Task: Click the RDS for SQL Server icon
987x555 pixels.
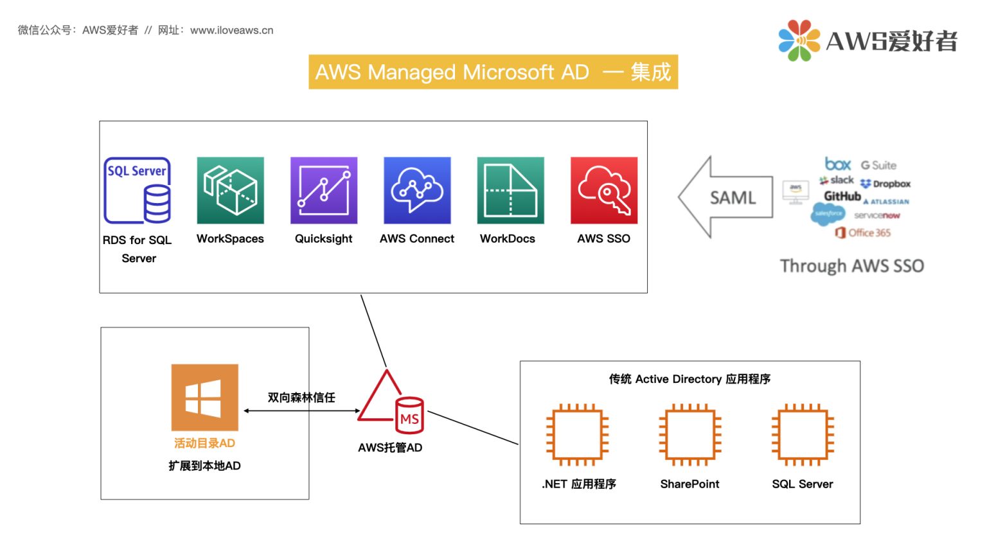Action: click(x=138, y=191)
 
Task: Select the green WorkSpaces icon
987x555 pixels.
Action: click(x=230, y=191)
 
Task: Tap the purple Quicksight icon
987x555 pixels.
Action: click(x=324, y=191)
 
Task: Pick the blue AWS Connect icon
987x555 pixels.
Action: click(x=417, y=191)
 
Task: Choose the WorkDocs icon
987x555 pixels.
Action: click(x=510, y=191)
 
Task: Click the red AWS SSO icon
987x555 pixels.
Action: click(x=604, y=191)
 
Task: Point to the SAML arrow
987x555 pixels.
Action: click(x=726, y=197)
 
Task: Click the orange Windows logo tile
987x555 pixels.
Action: click(x=204, y=398)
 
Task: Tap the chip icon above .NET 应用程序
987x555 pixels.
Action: click(x=577, y=434)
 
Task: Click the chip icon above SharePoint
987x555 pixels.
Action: click(x=689, y=434)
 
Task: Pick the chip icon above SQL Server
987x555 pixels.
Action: click(x=802, y=434)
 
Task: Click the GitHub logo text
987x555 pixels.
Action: click(x=842, y=197)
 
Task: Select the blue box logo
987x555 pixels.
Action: click(x=838, y=164)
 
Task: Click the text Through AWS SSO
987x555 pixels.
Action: click(x=851, y=266)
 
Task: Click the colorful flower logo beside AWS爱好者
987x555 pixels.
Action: click(x=799, y=40)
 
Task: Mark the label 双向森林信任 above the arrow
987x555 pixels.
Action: click(x=301, y=398)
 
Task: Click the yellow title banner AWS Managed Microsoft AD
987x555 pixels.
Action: click(x=493, y=72)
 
